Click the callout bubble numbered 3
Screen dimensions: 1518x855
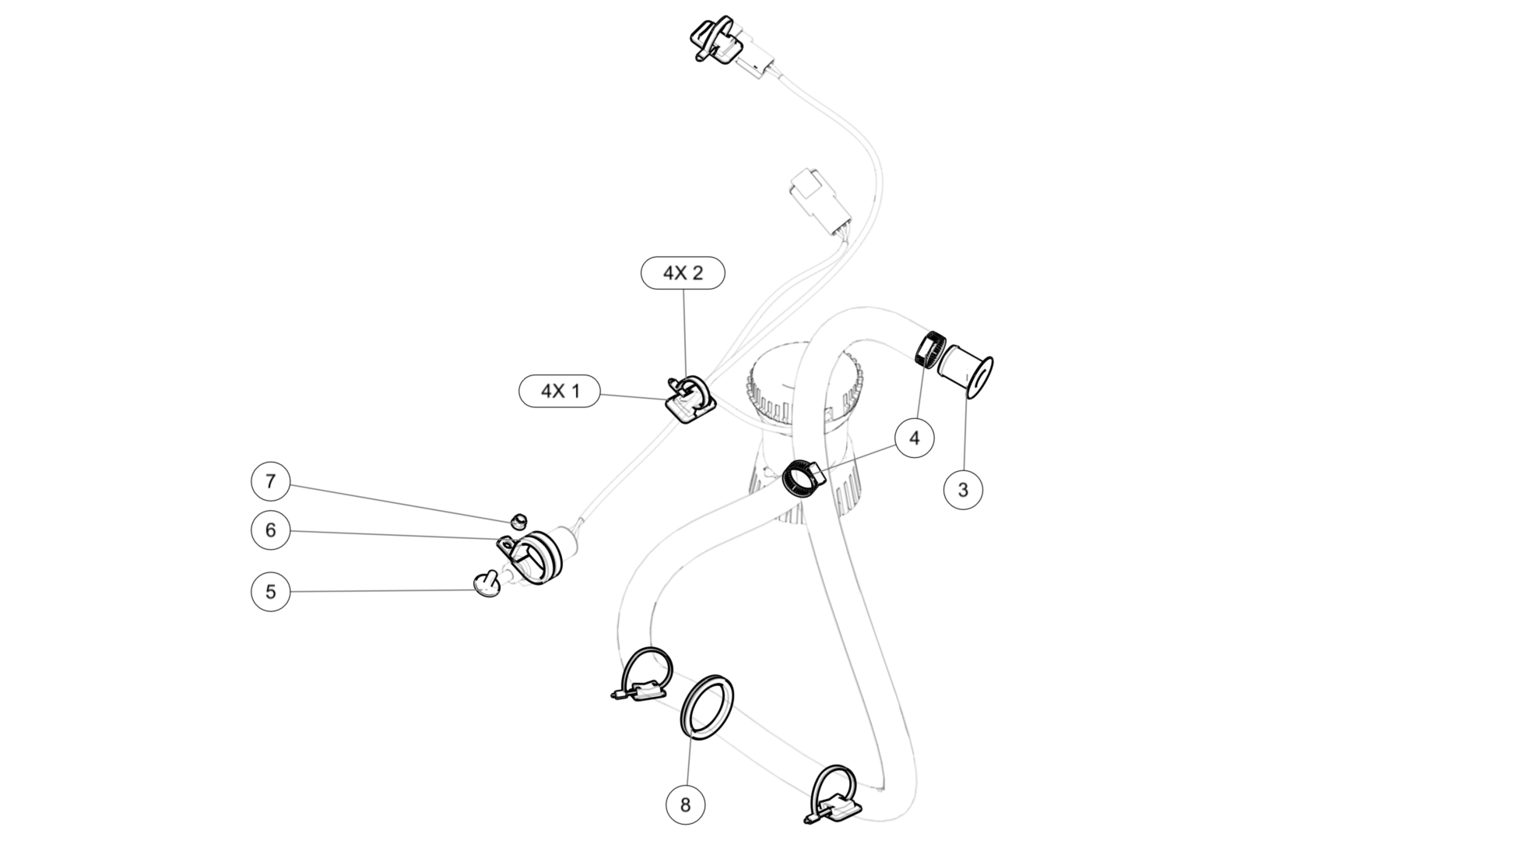tap(963, 490)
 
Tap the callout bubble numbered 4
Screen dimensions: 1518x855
tap(915, 438)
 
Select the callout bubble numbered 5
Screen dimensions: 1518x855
tap(271, 591)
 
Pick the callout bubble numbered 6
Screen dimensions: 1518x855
tap(271, 530)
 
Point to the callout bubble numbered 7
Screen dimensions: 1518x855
tap(271, 481)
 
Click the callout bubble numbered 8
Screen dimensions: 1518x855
tap(686, 804)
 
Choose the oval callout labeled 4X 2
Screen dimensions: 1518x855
tap(683, 273)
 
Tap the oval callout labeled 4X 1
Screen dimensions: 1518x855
tap(560, 390)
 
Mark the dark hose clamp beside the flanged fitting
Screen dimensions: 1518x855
tap(929, 350)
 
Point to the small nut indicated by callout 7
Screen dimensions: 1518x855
tap(518, 519)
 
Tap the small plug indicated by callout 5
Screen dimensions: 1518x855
tap(488, 585)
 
